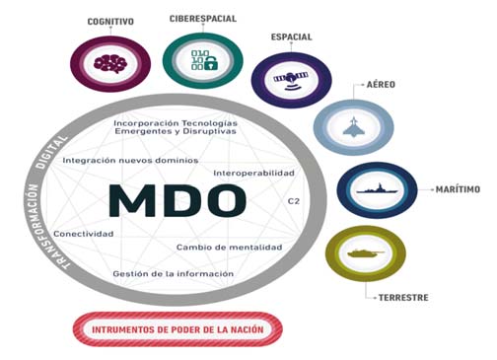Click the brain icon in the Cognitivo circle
point(106,62)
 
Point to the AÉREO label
point(381,85)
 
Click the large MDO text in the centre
point(176,199)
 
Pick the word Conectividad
point(84,234)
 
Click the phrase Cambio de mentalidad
point(229,247)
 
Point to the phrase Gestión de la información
point(174,273)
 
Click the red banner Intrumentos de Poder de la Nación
point(177,327)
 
